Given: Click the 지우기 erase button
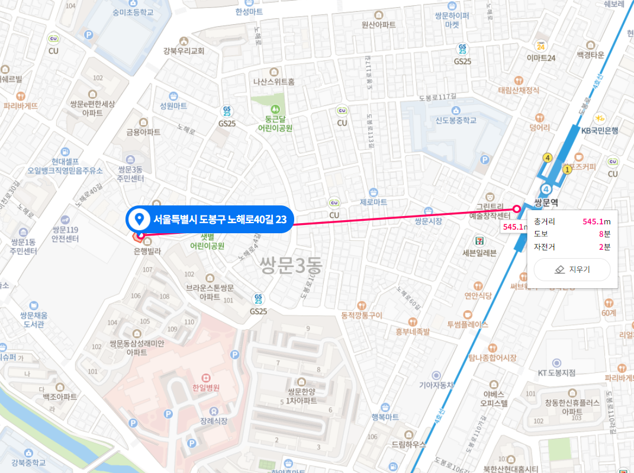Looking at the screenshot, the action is pos(571,269).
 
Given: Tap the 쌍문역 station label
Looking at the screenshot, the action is pos(546,202).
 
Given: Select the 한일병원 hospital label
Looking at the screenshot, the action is pos(205,388).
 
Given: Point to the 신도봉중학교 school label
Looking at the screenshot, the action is pos(456,120).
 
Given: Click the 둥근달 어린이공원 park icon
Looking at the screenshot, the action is pos(275,110).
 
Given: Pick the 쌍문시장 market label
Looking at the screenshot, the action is pos(429,221).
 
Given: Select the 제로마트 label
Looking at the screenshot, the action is pos(373,202).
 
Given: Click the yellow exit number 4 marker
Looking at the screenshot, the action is pos(548,157).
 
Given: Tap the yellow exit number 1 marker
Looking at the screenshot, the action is pos(567,169).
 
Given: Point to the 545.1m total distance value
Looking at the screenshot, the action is pos(596,221).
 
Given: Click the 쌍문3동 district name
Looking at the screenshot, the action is pos(290,265).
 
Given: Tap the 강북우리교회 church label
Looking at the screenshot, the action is pos(184,51).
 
